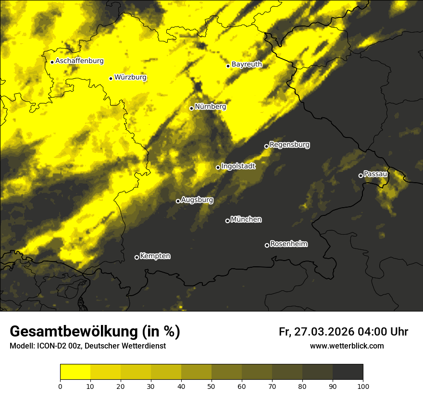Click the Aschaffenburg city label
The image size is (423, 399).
(79, 61)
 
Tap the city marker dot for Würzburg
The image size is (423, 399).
(111, 78)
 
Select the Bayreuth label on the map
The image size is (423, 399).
(247, 64)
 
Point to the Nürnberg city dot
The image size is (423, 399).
(191, 108)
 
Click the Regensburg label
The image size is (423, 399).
(289, 144)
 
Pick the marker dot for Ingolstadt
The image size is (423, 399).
(218, 167)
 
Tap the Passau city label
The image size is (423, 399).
(375, 174)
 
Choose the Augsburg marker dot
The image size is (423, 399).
(178, 201)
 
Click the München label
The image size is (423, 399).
(246, 219)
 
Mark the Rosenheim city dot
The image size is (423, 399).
(267, 245)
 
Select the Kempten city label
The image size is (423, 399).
(155, 256)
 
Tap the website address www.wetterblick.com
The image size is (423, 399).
(347, 346)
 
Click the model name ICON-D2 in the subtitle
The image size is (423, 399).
(51, 346)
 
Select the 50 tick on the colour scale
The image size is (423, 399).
(211, 386)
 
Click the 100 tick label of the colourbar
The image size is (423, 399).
(363, 386)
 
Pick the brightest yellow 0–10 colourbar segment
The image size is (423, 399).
(75, 372)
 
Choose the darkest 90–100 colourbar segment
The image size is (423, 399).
(348, 372)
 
